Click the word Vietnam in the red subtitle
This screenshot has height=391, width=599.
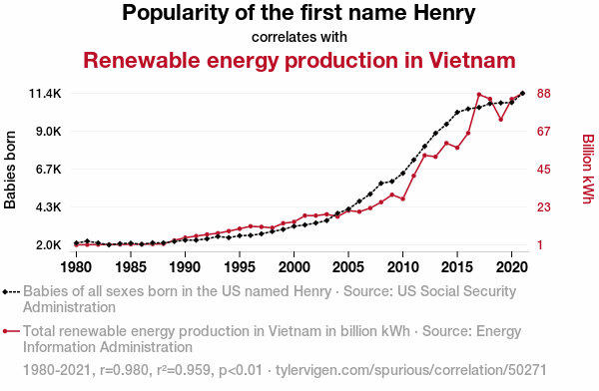[472, 60]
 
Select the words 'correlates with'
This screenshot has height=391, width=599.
[299, 37]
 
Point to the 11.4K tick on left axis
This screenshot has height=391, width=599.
[45, 93]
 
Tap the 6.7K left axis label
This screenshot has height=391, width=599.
[49, 170]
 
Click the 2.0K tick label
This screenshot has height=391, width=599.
[49, 244]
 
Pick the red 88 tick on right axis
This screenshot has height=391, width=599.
[544, 93]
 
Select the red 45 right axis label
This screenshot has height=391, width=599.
[544, 170]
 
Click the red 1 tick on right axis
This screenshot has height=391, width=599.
[540, 244]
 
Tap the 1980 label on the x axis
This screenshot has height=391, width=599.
[76, 267]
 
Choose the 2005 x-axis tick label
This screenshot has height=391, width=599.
[348, 267]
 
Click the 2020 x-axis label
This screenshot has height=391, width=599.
[512, 267]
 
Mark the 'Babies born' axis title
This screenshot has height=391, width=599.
[10, 170]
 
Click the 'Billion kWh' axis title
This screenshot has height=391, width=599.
[589, 169]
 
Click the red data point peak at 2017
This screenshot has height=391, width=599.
[479, 95]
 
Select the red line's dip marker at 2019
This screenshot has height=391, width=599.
[501, 120]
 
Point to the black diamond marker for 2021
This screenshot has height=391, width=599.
[522, 93]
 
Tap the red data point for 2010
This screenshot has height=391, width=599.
[403, 198]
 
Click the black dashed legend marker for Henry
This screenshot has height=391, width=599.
[11, 292]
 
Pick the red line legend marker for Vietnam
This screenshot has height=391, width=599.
[11, 331]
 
